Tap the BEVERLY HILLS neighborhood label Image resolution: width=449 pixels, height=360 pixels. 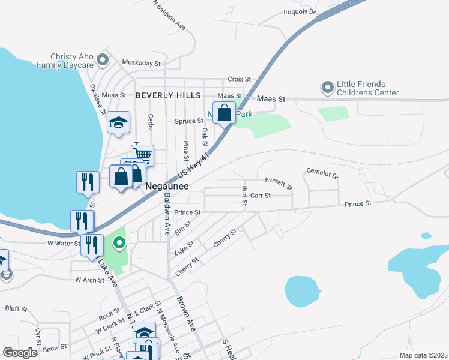[167, 95]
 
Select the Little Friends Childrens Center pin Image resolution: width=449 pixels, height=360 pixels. [328, 88]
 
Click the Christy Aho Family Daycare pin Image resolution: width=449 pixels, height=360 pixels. [103, 60]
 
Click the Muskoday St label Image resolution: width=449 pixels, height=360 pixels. [142, 62]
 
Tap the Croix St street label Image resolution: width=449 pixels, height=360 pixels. [238, 79]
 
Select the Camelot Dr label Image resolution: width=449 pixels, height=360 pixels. [322, 173]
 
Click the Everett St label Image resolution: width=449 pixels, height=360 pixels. [279, 182]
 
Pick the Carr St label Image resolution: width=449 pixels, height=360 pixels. [261, 196]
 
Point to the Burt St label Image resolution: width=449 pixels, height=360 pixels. [244, 195]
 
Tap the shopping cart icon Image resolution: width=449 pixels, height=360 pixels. [142, 154]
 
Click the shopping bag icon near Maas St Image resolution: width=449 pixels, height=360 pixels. [224, 112]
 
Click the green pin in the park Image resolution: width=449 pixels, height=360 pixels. [119, 243]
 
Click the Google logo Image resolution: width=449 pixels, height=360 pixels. [20, 353]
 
